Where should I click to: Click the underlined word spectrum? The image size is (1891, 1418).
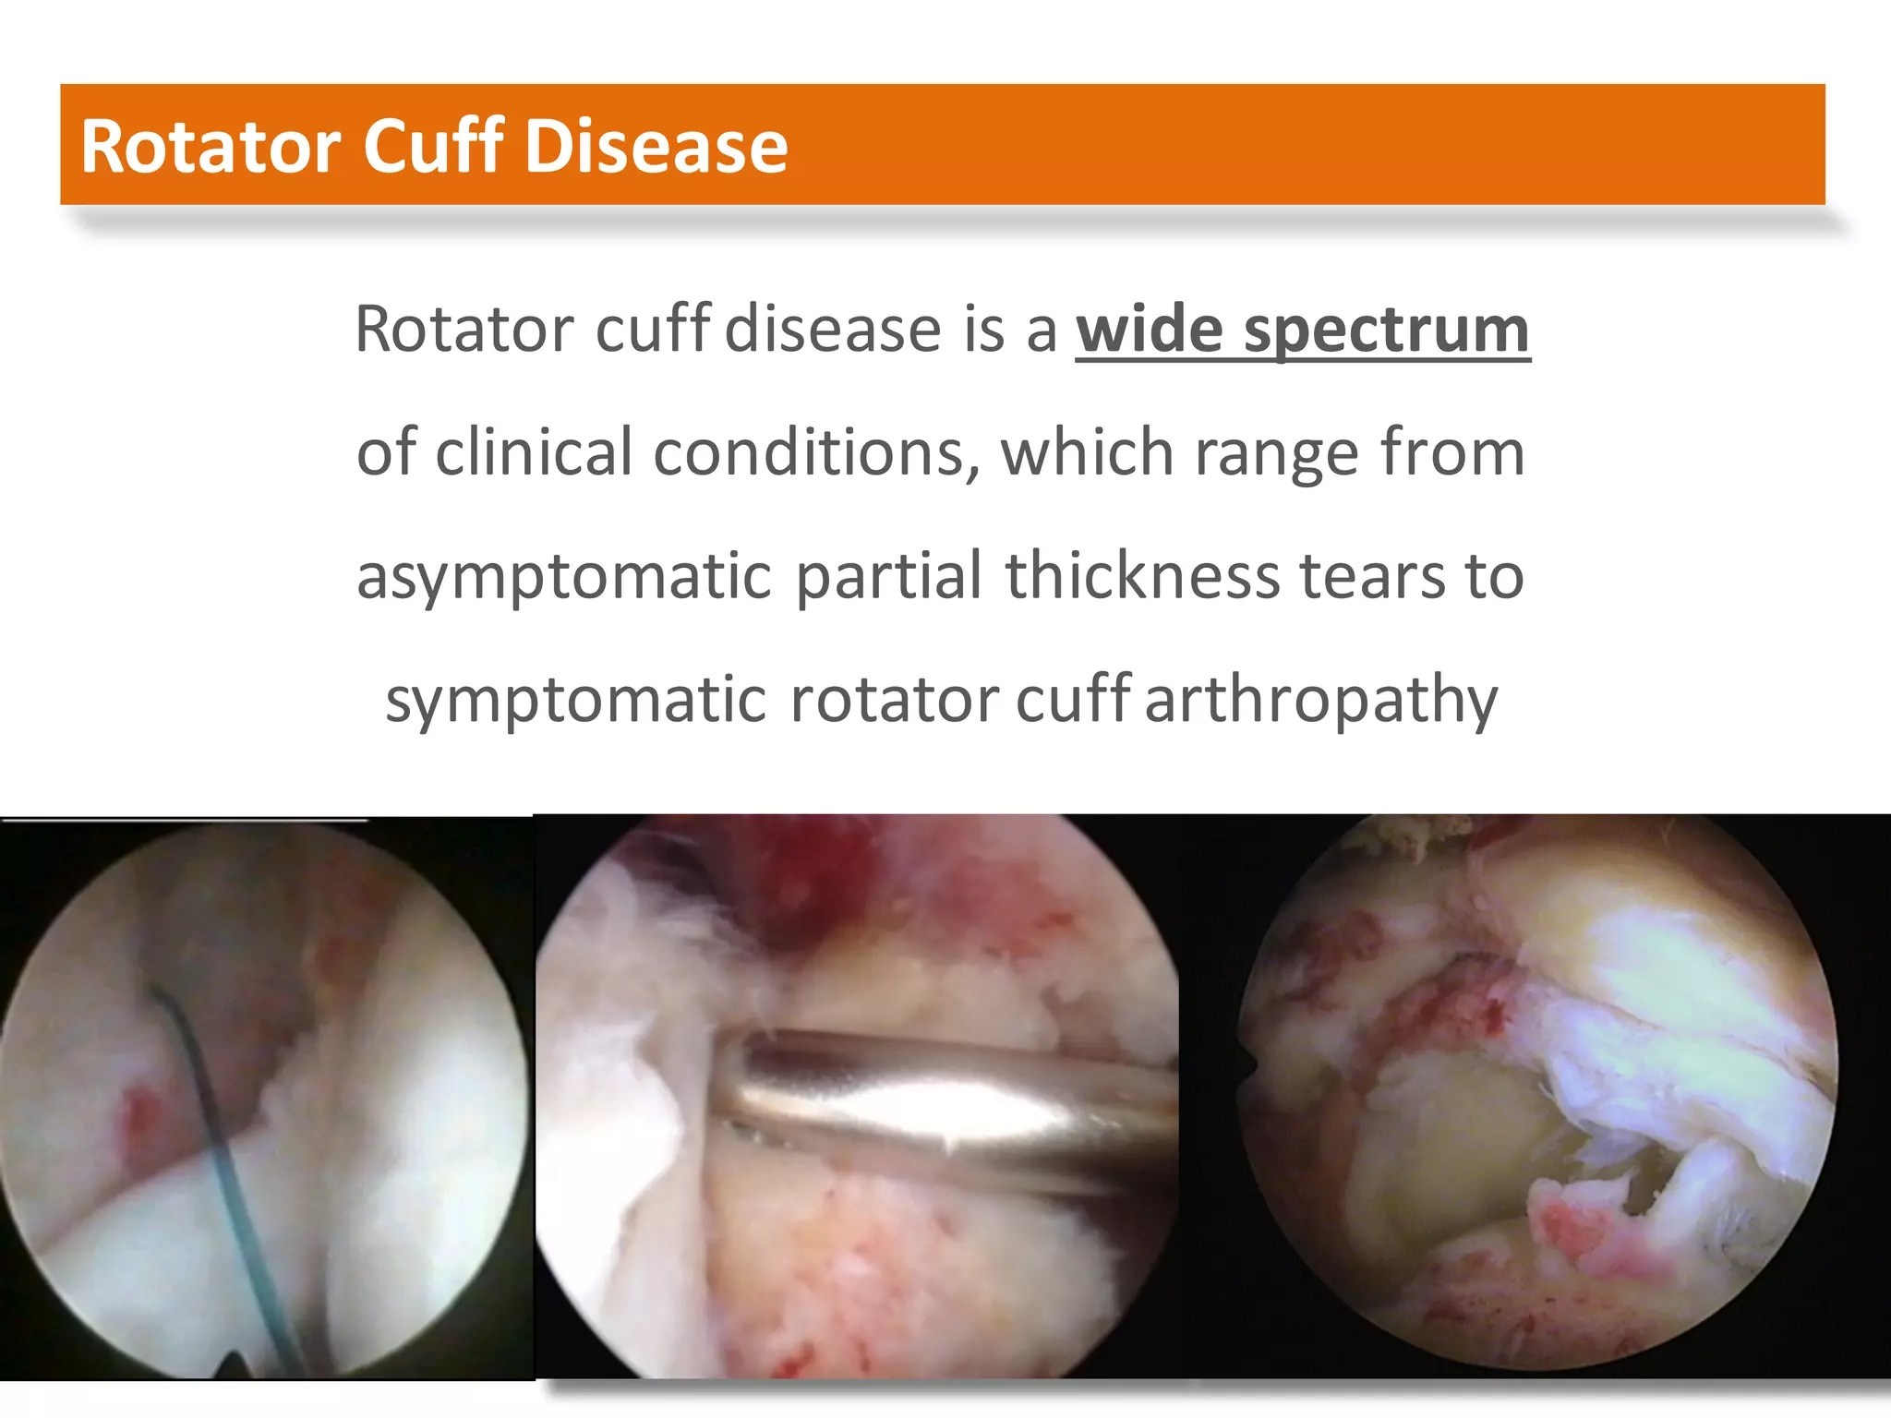(x=1387, y=330)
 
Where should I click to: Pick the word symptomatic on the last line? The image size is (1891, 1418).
(x=575, y=700)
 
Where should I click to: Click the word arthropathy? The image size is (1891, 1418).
(x=1320, y=700)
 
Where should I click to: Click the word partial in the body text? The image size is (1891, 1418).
(x=888, y=575)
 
